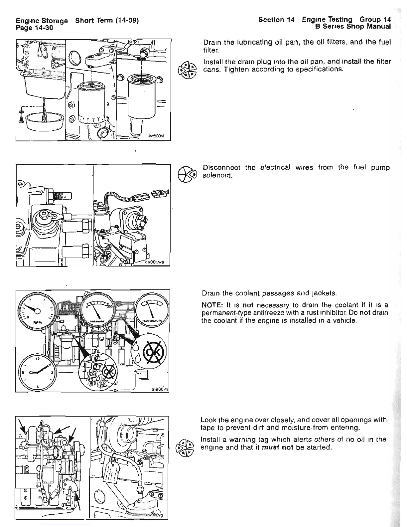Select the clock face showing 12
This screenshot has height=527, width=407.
[x=37, y=373]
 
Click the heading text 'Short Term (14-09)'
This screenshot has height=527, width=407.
[x=106, y=21]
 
